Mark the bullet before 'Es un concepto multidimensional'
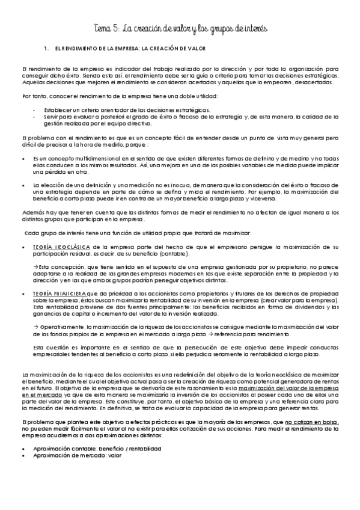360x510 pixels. tap(22, 158)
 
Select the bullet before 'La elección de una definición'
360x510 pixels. tap(22, 185)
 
